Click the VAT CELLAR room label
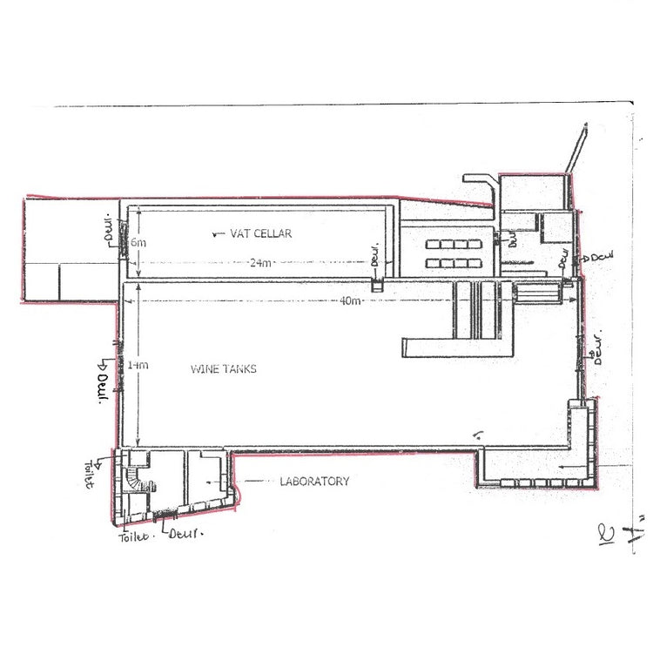click(x=261, y=233)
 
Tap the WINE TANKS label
click(x=223, y=369)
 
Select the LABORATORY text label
click(x=314, y=481)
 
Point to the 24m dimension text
click(x=259, y=263)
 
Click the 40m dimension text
click(x=351, y=300)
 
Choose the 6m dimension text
click(x=139, y=243)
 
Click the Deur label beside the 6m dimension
click(x=110, y=228)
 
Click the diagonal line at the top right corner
click(x=575, y=150)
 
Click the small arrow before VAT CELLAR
click(x=218, y=233)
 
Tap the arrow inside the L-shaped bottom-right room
click(x=568, y=468)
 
